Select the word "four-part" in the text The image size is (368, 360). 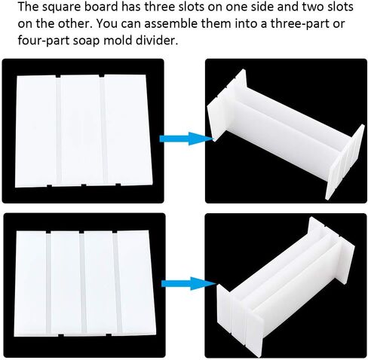pyautogui.click(x=44, y=41)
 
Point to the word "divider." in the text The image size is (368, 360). pyautogui.click(x=157, y=40)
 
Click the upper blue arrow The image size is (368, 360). pyautogui.click(x=186, y=139)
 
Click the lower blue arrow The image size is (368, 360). pyautogui.click(x=189, y=284)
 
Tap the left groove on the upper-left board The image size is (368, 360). pyautogui.click(x=59, y=130)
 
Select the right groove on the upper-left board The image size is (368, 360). pyautogui.click(x=103, y=130)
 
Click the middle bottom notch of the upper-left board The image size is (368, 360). pyautogui.click(x=84, y=185)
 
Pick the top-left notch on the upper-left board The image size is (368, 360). pyautogui.click(x=58, y=76)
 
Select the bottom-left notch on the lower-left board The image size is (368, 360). pyautogui.click(x=61, y=335)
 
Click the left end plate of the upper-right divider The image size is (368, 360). pyautogui.click(x=226, y=105)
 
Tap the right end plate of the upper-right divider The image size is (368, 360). pyautogui.click(x=345, y=163)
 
